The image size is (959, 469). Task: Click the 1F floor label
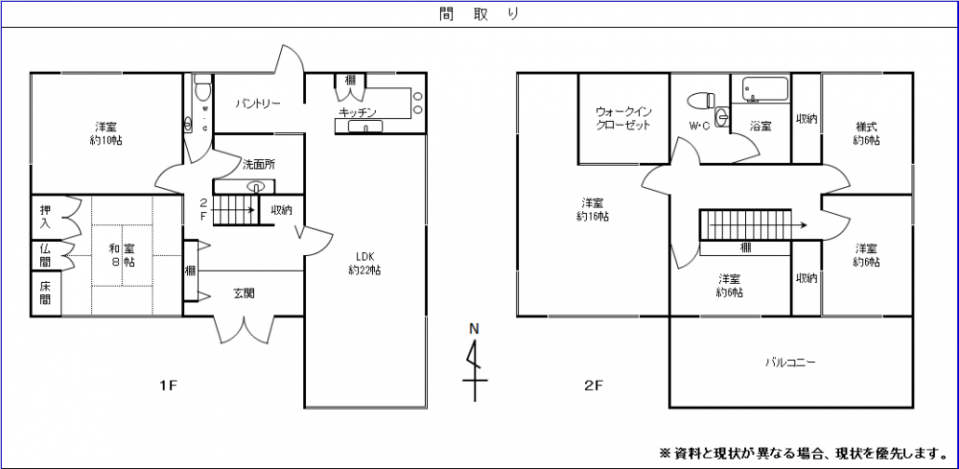(x=168, y=387)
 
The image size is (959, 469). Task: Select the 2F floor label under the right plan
(x=594, y=387)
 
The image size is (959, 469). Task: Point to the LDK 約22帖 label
(x=364, y=263)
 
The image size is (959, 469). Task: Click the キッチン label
(x=357, y=112)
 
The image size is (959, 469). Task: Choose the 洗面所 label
(x=258, y=164)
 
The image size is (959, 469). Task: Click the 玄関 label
(x=244, y=293)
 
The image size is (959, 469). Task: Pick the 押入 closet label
(x=45, y=217)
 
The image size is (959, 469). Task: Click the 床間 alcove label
(x=45, y=293)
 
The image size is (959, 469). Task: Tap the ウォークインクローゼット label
(x=623, y=118)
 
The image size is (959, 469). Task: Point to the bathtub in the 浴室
(x=764, y=89)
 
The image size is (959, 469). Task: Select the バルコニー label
(x=789, y=363)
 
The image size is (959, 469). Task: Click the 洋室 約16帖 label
(x=592, y=209)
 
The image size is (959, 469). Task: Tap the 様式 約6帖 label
(x=866, y=133)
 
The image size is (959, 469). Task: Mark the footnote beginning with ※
(x=803, y=452)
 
